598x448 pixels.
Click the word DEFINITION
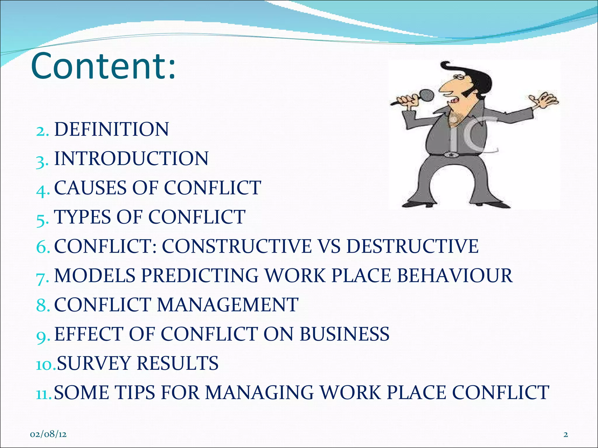pyautogui.click(x=111, y=129)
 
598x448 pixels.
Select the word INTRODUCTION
pyautogui.click(x=131, y=158)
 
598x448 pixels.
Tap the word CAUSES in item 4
pyautogui.click(x=91, y=188)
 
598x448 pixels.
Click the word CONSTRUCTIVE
pyautogui.click(x=237, y=246)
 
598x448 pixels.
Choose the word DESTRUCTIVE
pyautogui.click(x=412, y=246)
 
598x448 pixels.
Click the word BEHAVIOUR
pyautogui.click(x=454, y=275)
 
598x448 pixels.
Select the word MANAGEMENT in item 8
pyautogui.click(x=227, y=305)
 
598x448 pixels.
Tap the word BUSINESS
pyautogui.click(x=344, y=334)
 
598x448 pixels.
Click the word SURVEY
pyautogui.click(x=93, y=363)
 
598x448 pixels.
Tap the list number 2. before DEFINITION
pyautogui.click(x=42, y=130)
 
